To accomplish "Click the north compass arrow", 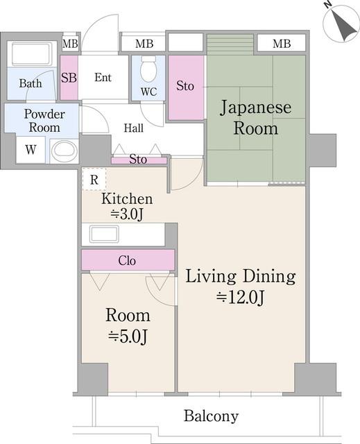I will (x=339, y=22).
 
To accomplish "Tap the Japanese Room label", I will (x=255, y=118).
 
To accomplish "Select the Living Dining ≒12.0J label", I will (x=241, y=287).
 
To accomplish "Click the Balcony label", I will (x=211, y=416).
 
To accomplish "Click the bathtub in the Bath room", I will (x=31, y=53).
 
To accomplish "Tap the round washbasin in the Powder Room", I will (x=64, y=150).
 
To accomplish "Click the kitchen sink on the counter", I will (x=104, y=234).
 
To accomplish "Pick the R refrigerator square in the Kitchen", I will (x=93, y=178).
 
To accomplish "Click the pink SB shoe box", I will (x=69, y=77).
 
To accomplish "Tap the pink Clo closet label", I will (x=127, y=261).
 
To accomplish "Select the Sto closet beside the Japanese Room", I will (x=186, y=87).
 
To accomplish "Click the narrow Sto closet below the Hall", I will (x=139, y=160).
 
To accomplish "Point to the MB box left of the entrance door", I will (x=70, y=44).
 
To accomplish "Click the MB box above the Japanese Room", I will (x=281, y=44).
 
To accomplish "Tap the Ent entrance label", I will (x=103, y=77).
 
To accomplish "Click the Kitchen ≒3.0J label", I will (x=127, y=207).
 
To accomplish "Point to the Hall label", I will (x=133, y=128).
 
